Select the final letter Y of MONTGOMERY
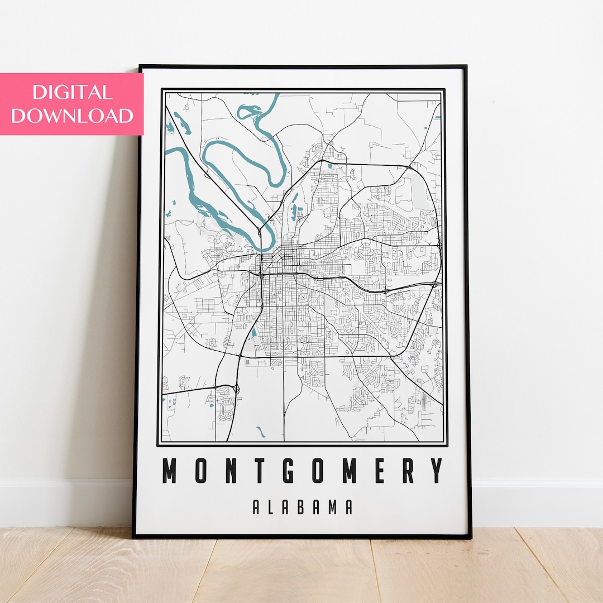click(x=438, y=471)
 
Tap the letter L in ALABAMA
click(x=271, y=507)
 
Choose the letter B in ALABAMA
click(x=302, y=507)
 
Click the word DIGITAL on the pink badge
click(x=72, y=92)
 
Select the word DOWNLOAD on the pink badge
click(x=72, y=116)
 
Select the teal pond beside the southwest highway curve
click(x=254, y=333)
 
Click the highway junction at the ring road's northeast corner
click(x=410, y=166)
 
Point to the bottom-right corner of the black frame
click(x=470, y=537)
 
